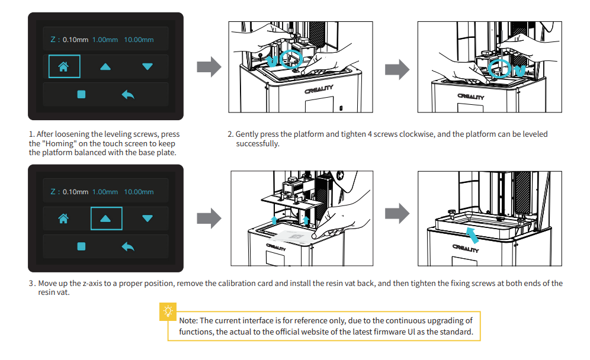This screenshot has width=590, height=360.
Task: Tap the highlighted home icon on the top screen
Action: click(x=63, y=67)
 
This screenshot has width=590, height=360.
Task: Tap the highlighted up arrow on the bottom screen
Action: click(x=106, y=219)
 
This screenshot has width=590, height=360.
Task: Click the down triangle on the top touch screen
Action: click(x=147, y=67)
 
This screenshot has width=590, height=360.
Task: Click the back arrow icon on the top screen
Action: click(x=127, y=95)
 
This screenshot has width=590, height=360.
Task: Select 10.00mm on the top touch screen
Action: click(x=139, y=40)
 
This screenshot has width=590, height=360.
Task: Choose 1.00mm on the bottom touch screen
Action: click(x=105, y=192)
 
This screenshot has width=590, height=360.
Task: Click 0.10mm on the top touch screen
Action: click(x=76, y=40)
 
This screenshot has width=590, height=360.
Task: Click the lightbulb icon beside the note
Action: click(x=169, y=311)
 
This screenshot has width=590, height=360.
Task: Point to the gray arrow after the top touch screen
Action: click(x=208, y=67)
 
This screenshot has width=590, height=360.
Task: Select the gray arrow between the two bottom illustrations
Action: click(x=397, y=214)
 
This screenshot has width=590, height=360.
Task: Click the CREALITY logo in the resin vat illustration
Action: click(x=466, y=249)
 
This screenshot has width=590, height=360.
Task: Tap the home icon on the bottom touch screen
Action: click(x=63, y=219)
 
